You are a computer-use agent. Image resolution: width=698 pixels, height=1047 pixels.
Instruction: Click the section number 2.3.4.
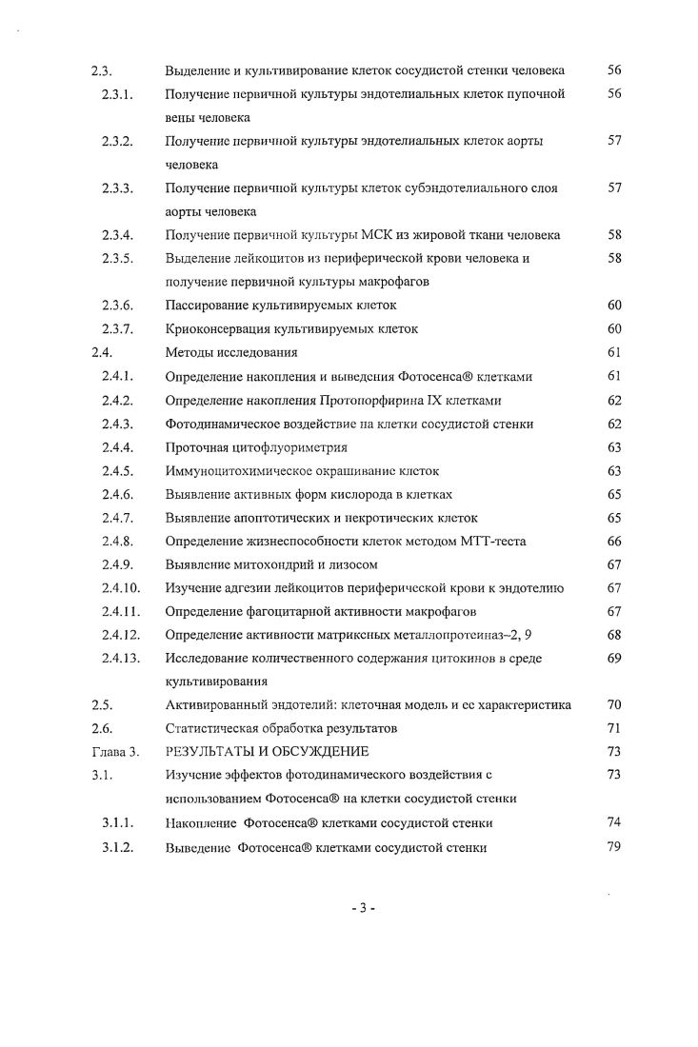click(119, 235)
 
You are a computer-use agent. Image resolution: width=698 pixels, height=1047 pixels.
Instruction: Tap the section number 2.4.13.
click(122, 658)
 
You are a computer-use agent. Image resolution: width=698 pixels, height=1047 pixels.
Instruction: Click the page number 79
click(613, 847)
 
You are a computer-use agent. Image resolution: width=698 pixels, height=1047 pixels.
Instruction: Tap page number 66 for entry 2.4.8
click(613, 541)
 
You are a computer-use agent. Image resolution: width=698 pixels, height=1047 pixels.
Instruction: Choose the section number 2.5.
click(102, 705)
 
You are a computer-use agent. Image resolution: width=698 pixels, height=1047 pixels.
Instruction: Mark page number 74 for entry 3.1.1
click(613, 822)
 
